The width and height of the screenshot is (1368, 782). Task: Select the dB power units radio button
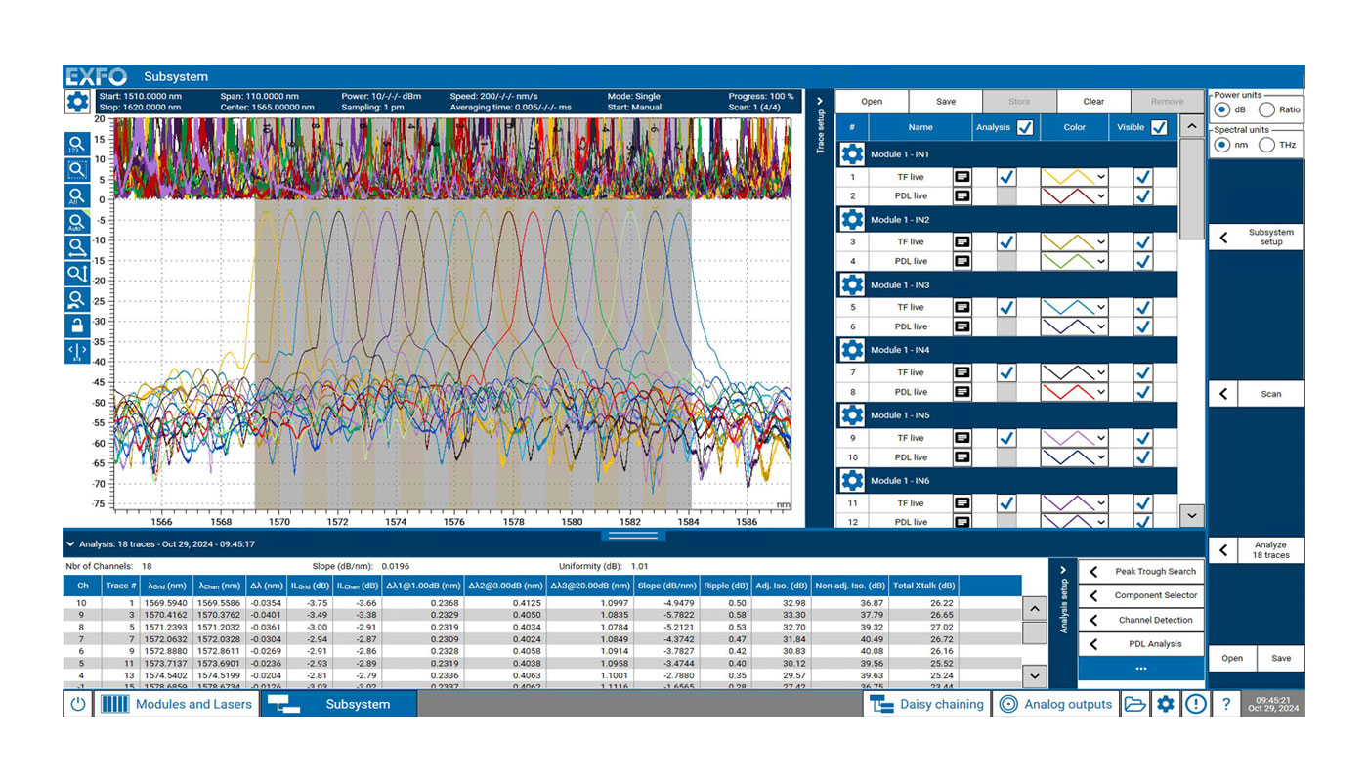coord(1221,109)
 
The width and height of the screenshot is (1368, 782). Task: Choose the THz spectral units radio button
coord(1266,145)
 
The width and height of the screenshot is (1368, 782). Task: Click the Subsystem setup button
coord(1257,238)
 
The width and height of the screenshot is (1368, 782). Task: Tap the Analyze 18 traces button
coord(1257,550)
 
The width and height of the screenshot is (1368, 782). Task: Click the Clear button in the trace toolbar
coord(1093,101)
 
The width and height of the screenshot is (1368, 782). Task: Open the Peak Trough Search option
coord(1141,571)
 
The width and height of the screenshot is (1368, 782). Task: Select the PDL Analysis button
coord(1141,644)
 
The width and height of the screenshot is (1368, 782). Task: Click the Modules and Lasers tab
coord(177,704)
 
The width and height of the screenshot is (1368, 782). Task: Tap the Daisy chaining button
coord(927,704)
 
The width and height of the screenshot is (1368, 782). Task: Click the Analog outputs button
coord(1056,704)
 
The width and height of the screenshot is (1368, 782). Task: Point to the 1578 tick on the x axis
coord(513,522)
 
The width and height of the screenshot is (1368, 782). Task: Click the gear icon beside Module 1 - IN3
coord(852,284)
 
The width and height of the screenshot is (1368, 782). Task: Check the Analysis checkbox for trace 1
coord(1006,177)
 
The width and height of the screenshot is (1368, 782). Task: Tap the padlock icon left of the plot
coord(76,326)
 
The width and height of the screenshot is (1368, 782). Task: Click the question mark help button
coord(1225,704)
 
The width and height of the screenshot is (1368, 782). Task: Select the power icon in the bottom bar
coord(78,704)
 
